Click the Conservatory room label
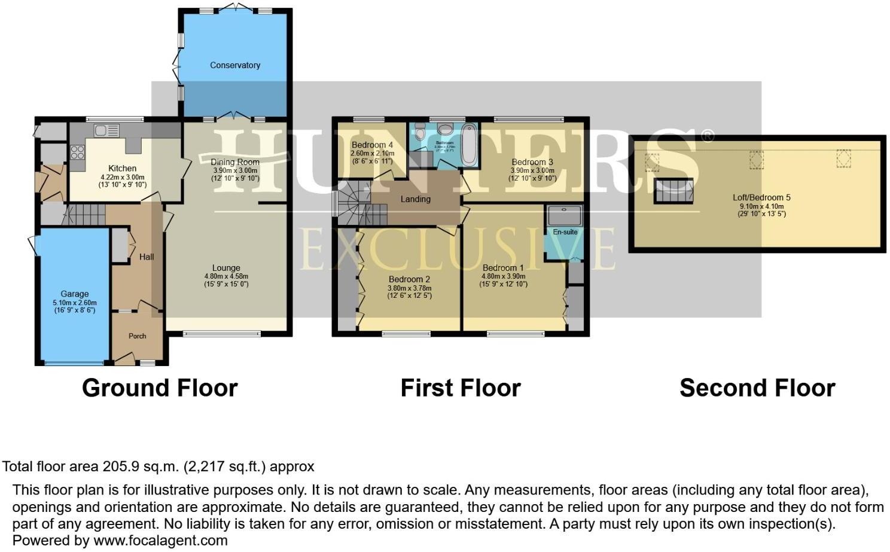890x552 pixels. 234,65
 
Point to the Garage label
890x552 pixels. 74,294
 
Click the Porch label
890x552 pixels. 137,336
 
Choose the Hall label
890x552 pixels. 147,257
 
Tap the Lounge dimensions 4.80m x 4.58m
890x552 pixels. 226,276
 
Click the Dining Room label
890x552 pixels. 235,161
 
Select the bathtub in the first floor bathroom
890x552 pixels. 470,144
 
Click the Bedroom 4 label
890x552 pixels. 372,145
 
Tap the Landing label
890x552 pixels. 415,199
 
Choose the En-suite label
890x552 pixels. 565,232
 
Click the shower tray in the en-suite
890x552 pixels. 563,215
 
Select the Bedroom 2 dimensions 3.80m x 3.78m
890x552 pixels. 409,288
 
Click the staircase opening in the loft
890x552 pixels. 673,191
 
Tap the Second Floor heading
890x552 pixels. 757,388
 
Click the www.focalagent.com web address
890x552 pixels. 160,541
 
